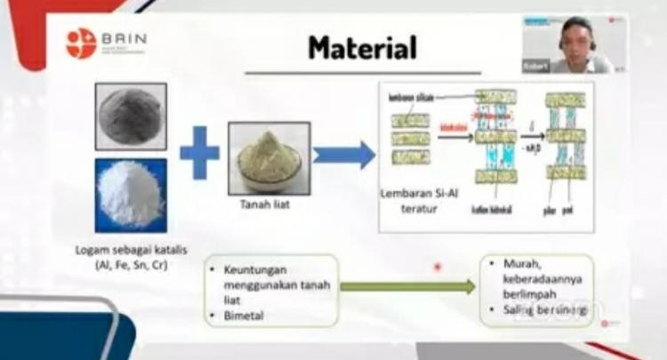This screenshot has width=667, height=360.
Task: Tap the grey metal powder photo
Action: point(131,116)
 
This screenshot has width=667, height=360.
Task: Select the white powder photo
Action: point(131,196)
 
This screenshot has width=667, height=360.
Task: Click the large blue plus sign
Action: point(199,154)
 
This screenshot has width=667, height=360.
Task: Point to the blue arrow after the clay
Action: point(343,156)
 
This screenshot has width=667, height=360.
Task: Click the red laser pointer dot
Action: point(437,267)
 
